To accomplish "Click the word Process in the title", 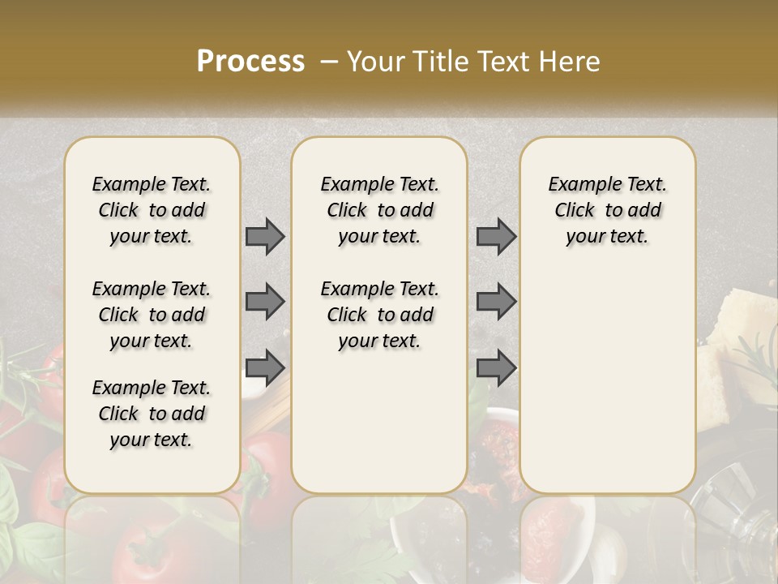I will click(x=250, y=62).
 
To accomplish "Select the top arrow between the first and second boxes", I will click(x=265, y=237).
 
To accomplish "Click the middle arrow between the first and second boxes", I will click(x=265, y=302).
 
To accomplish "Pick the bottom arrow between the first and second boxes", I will click(x=265, y=367).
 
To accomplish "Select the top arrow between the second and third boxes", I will click(x=496, y=237).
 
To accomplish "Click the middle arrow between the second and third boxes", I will click(x=496, y=302).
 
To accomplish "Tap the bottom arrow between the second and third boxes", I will click(x=496, y=367).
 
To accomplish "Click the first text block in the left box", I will click(x=152, y=210).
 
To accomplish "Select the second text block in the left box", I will click(x=152, y=315).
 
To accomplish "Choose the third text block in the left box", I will click(x=152, y=414).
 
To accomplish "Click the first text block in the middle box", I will click(x=380, y=210).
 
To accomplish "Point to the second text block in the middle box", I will click(x=380, y=315).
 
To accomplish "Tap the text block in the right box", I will click(x=608, y=210).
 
